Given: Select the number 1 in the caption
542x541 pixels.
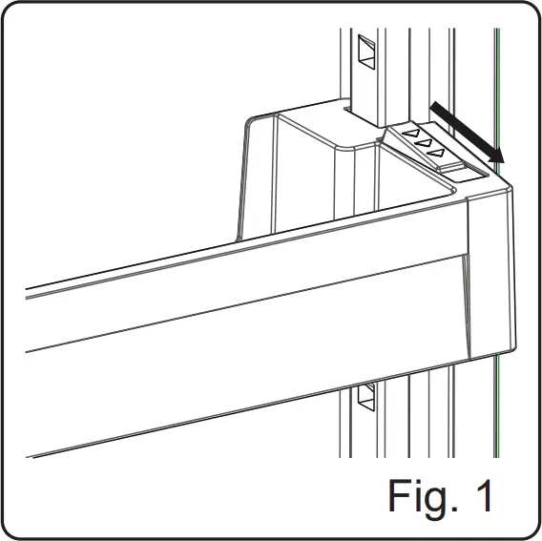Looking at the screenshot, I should (x=485, y=495).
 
